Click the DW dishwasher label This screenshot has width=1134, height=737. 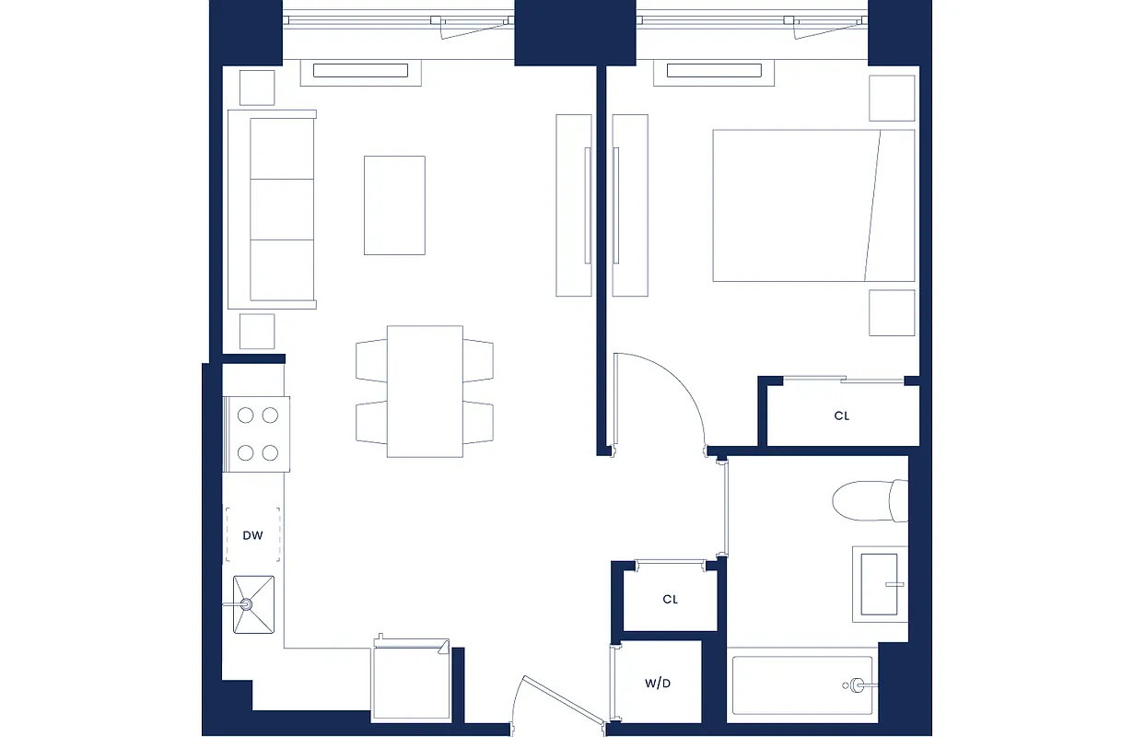(x=252, y=535)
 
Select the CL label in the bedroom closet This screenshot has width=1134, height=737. (x=841, y=415)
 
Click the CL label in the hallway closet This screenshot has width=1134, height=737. (x=670, y=599)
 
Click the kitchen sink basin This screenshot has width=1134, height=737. (x=253, y=604)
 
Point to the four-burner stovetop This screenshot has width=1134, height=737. (x=257, y=434)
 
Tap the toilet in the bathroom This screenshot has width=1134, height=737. (x=870, y=500)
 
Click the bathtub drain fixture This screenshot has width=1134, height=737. (x=857, y=684)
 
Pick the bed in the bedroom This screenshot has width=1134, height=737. (x=813, y=205)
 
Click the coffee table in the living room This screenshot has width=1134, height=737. (x=394, y=205)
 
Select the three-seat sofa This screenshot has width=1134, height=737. (x=272, y=209)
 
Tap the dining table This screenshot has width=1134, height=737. (x=425, y=391)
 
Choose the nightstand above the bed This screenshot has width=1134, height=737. (x=892, y=98)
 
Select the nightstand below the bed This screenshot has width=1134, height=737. (x=892, y=313)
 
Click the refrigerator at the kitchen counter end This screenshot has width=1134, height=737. (x=410, y=683)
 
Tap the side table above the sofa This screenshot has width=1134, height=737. (x=257, y=88)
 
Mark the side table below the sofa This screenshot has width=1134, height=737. (x=257, y=331)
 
